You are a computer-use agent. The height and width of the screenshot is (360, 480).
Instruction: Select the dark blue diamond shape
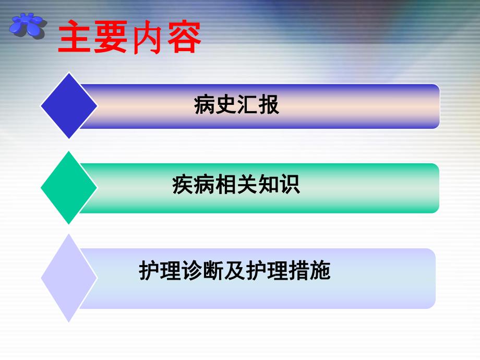(x=69, y=105)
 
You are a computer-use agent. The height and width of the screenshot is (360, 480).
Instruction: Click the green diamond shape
(x=69, y=187)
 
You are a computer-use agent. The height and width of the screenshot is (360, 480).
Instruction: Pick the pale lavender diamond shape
(x=69, y=278)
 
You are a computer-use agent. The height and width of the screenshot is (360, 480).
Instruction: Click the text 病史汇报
(x=236, y=105)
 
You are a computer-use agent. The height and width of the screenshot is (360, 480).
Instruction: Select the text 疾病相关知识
(x=236, y=185)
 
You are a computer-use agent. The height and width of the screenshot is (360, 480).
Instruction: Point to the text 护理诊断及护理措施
(x=235, y=271)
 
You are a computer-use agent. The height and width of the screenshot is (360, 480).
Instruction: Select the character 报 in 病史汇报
(x=269, y=105)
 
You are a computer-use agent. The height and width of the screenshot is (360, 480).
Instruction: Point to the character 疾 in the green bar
(x=183, y=185)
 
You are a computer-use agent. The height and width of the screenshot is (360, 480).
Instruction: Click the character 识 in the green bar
(x=290, y=185)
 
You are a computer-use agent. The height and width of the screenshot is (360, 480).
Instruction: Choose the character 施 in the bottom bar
(x=320, y=271)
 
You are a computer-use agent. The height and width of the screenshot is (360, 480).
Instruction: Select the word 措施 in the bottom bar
(x=310, y=271)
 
